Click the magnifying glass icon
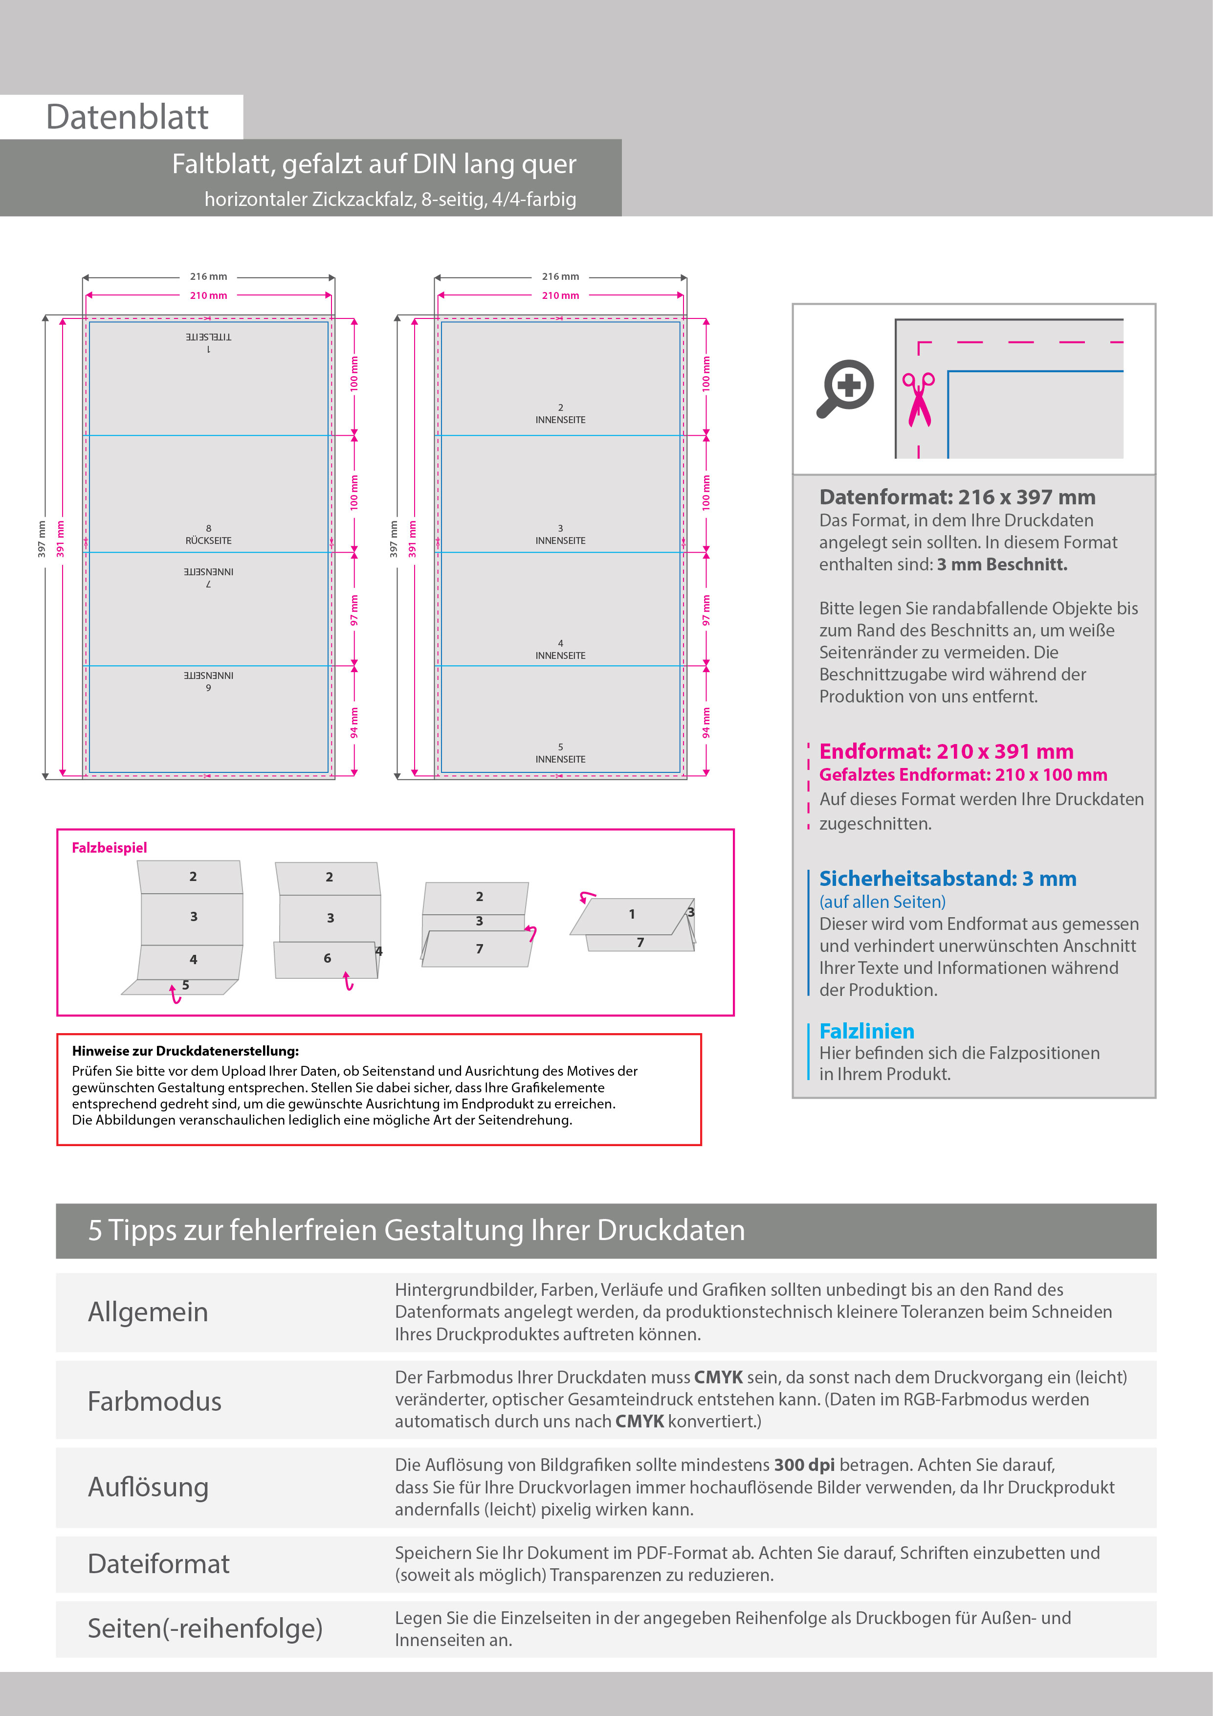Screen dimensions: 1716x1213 tap(845, 388)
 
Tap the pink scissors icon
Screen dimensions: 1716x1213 tap(919, 400)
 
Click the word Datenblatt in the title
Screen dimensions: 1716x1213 tap(127, 117)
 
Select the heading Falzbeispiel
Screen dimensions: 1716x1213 tap(109, 848)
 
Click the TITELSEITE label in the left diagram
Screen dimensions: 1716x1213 tap(208, 337)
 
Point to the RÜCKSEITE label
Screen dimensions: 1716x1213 tap(208, 541)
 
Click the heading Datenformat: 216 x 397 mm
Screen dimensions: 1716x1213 tap(957, 497)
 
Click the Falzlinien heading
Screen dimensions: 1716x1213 tap(866, 1031)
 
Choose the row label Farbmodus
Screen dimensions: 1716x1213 tap(154, 1401)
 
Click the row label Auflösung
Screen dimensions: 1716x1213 tap(148, 1487)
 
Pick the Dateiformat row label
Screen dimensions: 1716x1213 tap(158, 1564)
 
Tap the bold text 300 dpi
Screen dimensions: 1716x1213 tap(804, 1465)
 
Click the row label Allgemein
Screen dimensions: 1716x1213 tap(148, 1312)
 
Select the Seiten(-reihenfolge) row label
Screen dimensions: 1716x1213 tap(205, 1628)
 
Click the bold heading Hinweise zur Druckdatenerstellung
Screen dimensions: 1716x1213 tap(185, 1051)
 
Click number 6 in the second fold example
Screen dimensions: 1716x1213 tap(327, 958)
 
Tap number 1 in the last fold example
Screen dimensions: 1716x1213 tap(632, 914)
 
